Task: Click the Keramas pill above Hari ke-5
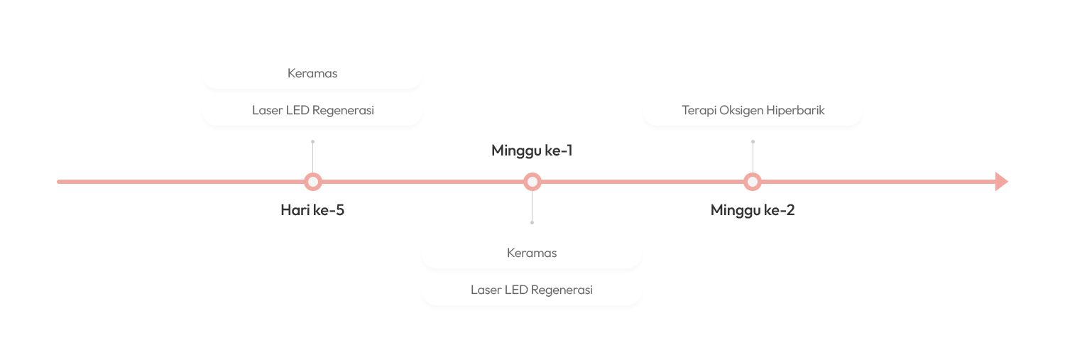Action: [312, 73]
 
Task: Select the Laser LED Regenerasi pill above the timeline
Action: [312, 110]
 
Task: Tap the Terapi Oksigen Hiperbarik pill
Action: [753, 110]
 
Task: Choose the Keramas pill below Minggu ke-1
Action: [532, 253]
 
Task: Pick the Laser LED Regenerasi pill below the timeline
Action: [532, 290]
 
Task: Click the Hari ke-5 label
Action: [312, 209]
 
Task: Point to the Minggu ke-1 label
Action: [532, 151]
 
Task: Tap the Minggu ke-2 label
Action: [753, 210]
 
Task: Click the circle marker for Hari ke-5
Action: [312, 182]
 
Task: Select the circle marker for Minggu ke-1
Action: [532, 182]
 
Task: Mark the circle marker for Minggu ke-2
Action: [753, 182]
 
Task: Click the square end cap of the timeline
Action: [1001, 182]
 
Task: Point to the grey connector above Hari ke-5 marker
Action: [312, 155]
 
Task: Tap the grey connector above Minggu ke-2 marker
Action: [753, 155]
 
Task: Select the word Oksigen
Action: [743, 110]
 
